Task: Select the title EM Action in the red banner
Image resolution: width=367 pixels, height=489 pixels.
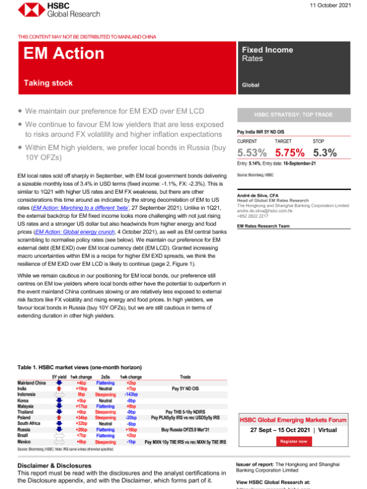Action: coord(57,55)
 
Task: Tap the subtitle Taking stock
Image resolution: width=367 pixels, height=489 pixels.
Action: coord(48,83)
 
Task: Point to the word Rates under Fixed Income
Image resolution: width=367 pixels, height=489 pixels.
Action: coord(253,59)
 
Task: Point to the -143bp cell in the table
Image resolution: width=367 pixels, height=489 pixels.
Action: coord(131,395)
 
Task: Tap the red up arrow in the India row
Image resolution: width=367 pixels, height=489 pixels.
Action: coord(59,389)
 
